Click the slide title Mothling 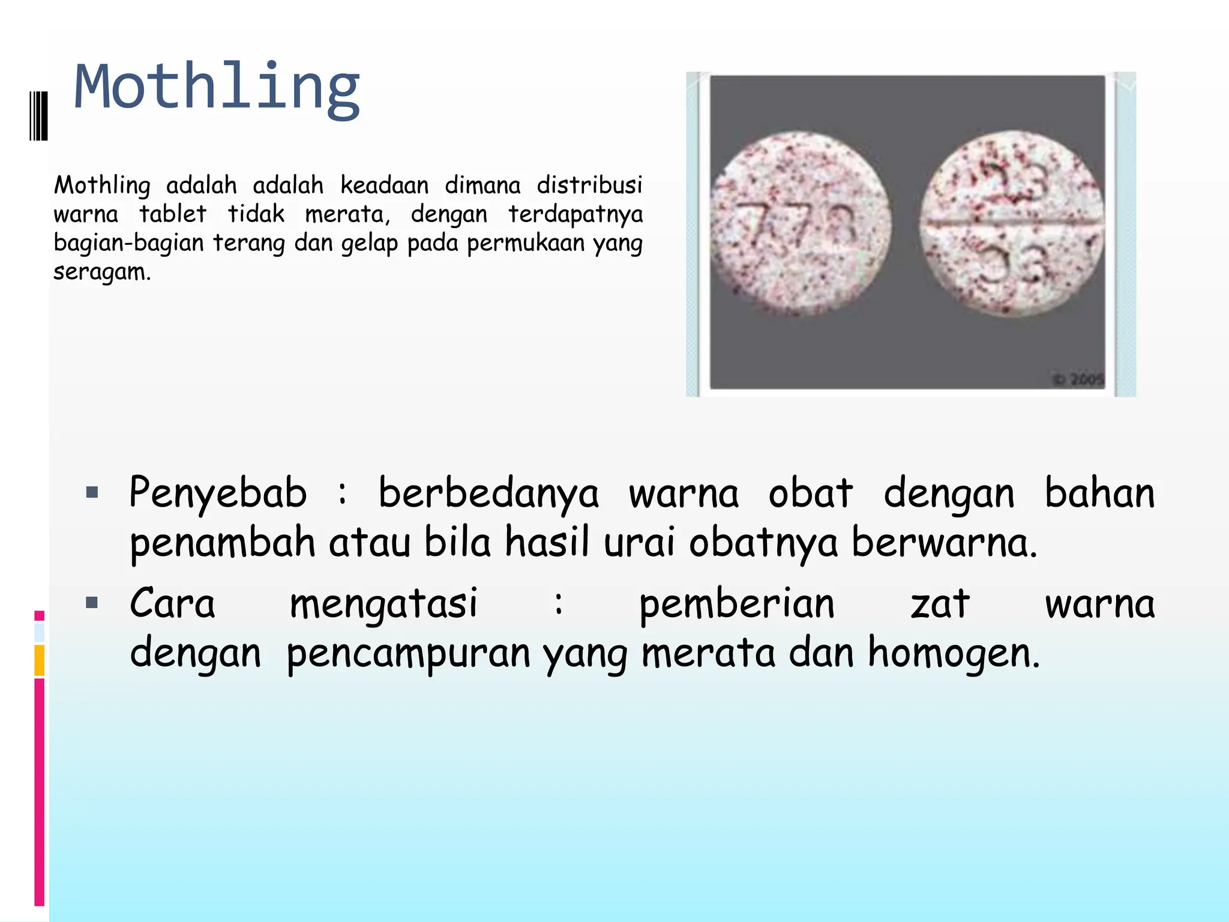(217, 88)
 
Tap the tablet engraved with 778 (800, 223)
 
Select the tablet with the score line (1012, 223)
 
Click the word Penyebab (218, 493)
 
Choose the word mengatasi (383, 604)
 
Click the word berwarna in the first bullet (944, 542)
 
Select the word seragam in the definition (101, 272)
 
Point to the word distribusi (589, 185)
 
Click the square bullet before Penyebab (92, 493)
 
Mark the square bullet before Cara (92, 603)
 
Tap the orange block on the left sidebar (39, 660)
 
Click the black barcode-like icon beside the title (38, 115)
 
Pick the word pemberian (736, 604)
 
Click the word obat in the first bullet (810, 493)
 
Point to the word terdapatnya (575, 214)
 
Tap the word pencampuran (408, 653)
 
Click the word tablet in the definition (173, 214)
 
